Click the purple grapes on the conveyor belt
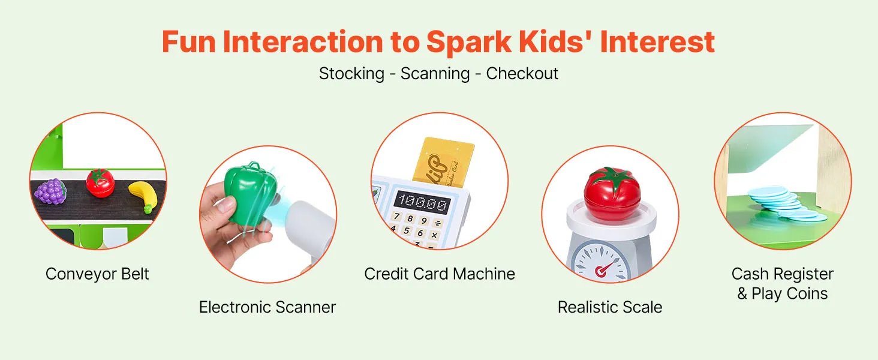tap(50, 191)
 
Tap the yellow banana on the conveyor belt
tap(143, 196)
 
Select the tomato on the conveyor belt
tap(100, 183)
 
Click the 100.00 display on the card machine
tap(423, 202)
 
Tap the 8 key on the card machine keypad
tap(410, 218)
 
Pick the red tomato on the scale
tap(612, 193)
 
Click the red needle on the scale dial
tap(604, 269)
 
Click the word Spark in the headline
tap(469, 43)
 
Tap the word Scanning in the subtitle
tap(435, 74)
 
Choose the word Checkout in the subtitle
tap(522, 73)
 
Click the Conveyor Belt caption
tap(97, 274)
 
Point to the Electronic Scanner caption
tap(267, 307)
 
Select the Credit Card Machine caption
tap(440, 274)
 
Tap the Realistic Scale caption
tap(610, 307)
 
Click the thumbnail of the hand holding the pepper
tap(268, 214)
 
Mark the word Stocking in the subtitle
tap(351, 74)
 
